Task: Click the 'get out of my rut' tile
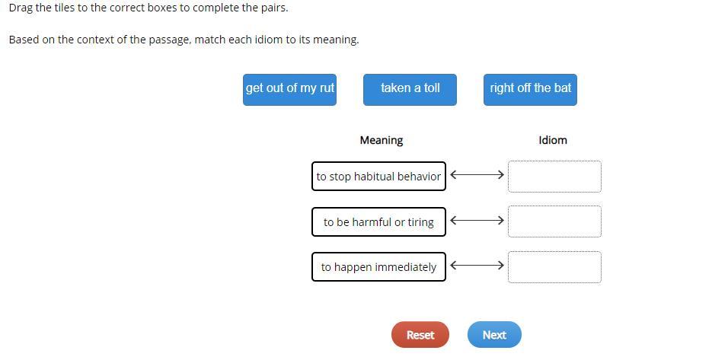[x=289, y=90]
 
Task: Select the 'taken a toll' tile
[x=410, y=90]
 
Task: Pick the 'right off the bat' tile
[x=530, y=90]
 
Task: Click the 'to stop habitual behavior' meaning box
[x=379, y=177]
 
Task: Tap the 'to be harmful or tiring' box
[x=379, y=221]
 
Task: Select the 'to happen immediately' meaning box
[x=379, y=266]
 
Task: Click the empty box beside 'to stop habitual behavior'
[x=554, y=177]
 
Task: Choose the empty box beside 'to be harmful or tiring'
[x=554, y=221]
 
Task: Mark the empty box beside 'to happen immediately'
[x=554, y=266]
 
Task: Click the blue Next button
[x=494, y=334]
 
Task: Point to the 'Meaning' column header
[x=382, y=140]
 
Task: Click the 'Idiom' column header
[x=553, y=140]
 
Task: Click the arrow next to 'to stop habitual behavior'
[x=477, y=175]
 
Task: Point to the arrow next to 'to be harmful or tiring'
[x=477, y=221]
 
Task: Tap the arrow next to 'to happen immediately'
[x=477, y=266]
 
